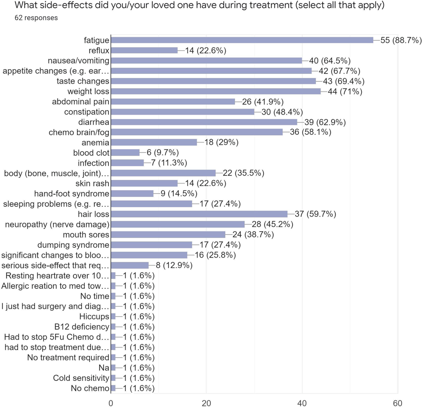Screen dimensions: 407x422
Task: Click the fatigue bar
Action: pos(242,40)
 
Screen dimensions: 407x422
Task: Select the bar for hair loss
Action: pos(199,214)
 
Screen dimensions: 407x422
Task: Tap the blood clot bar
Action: pos(125,153)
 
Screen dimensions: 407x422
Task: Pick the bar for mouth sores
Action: pos(168,235)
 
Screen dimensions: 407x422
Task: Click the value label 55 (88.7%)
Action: pos(401,40)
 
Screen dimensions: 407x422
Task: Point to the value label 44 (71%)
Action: pos(345,91)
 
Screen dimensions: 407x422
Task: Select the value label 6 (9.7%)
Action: pos(163,153)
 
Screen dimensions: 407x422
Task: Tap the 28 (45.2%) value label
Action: pos(272,224)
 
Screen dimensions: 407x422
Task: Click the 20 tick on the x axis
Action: pos(206,403)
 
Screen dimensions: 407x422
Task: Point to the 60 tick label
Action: pos(397,403)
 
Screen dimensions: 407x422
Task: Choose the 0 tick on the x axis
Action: pos(111,403)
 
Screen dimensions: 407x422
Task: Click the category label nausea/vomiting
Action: pos(78,61)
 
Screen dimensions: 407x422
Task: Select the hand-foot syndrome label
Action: pos(72,194)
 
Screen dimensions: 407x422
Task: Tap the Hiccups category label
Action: pos(94,316)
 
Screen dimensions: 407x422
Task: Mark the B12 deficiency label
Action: pos(81,327)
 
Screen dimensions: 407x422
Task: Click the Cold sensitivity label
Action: pos(81,378)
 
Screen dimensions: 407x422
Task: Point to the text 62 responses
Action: pos(36,18)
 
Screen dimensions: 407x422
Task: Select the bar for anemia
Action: pos(154,142)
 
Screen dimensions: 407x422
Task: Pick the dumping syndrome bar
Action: pos(151,245)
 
